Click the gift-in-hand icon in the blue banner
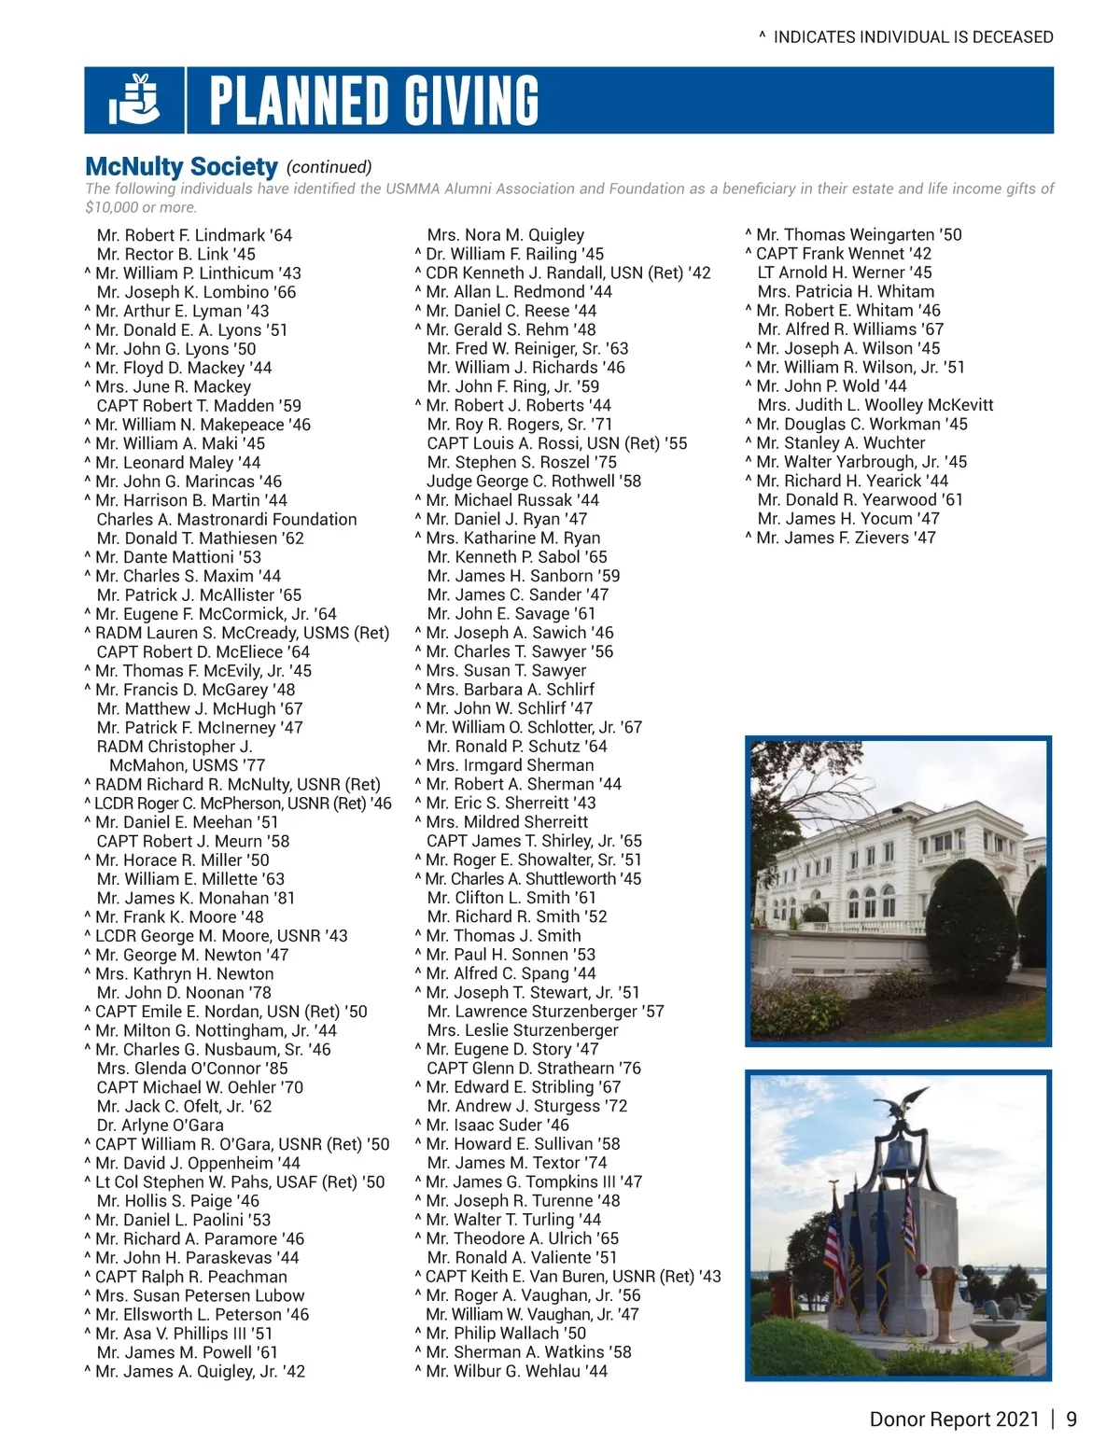tap(134, 100)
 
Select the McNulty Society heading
tap(181, 167)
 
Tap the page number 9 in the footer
tap(1071, 1419)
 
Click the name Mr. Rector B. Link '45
tap(175, 254)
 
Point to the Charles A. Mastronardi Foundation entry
tap(226, 519)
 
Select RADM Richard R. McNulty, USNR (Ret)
tap(237, 784)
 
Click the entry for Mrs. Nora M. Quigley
tap(505, 235)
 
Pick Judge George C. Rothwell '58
tap(533, 481)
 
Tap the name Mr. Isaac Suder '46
tap(497, 1125)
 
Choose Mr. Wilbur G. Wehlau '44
tap(516, 1371)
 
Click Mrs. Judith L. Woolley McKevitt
tap(875, 405)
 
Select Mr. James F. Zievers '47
tap(845, 538)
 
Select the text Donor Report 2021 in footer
tap(953, 1419)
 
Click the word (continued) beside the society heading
tap(329, 167)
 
